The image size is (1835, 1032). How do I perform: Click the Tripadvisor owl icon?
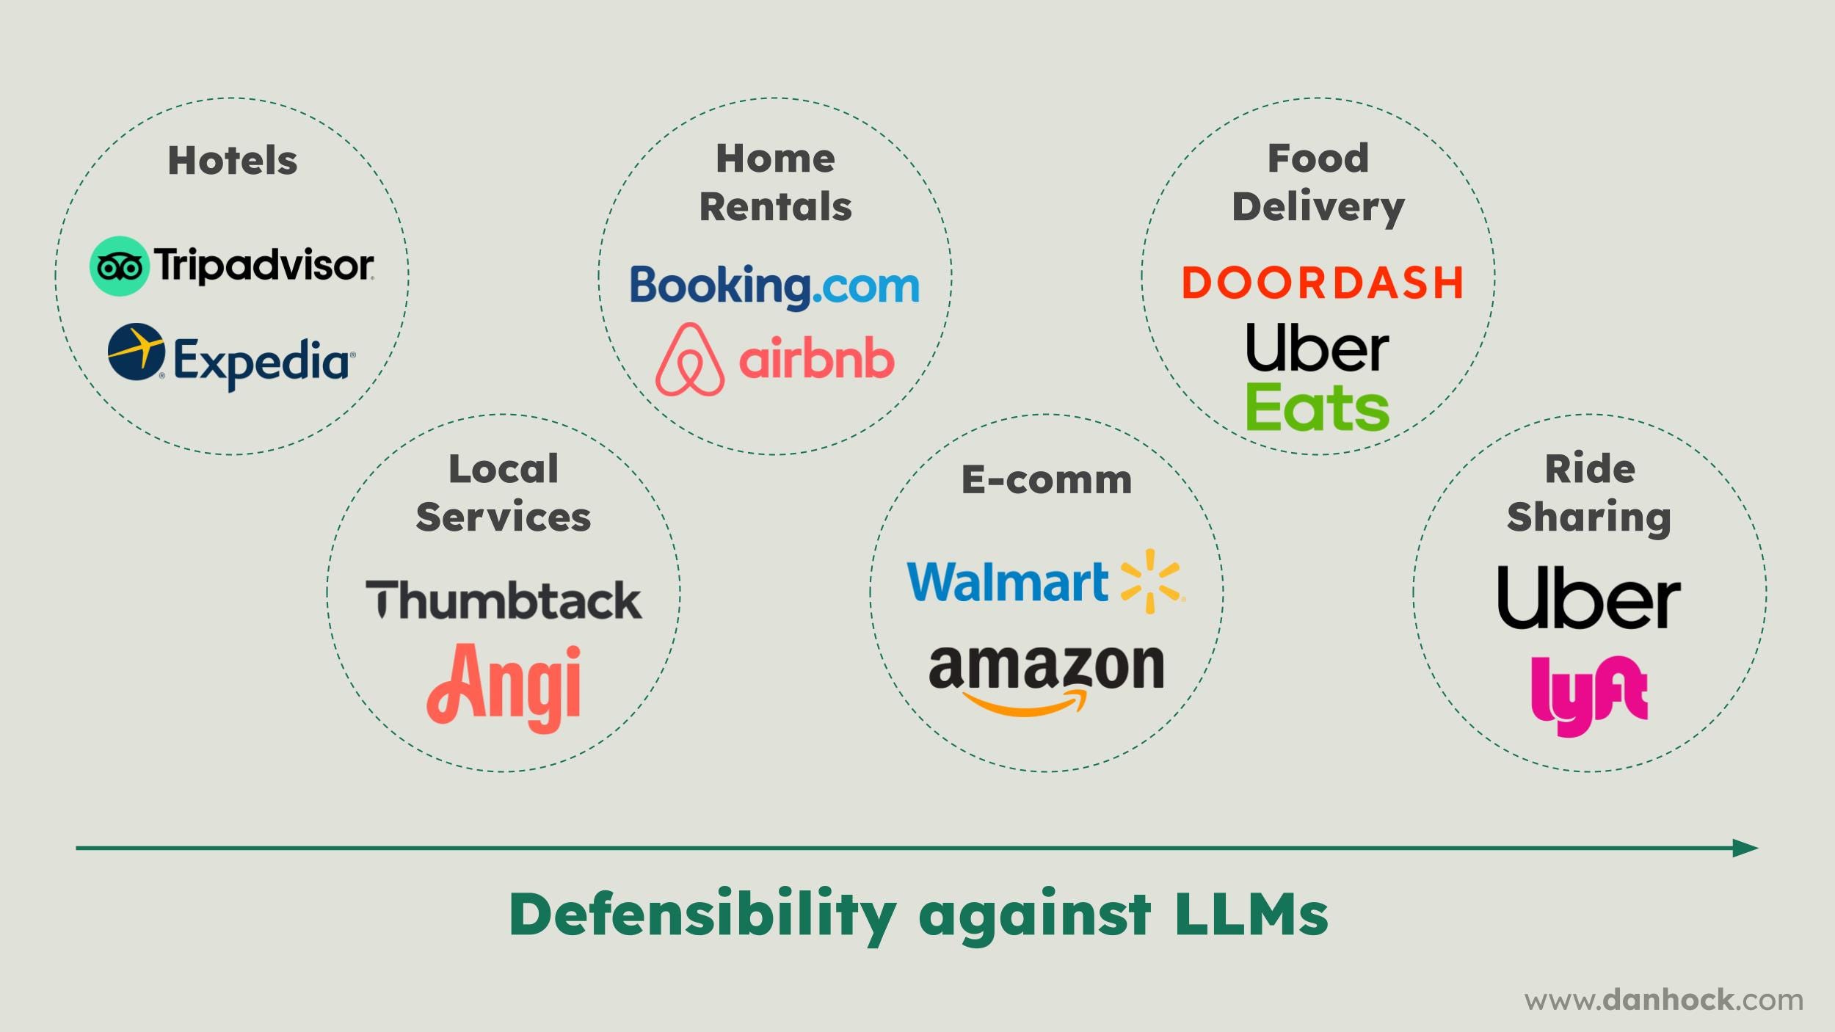(119, 266)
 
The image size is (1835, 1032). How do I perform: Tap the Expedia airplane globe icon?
(136, 352)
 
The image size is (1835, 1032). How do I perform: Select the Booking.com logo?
(774, 286)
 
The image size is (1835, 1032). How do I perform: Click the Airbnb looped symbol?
(689, 360)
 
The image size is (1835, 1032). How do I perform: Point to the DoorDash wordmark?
(1322, 283)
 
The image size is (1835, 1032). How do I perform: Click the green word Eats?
(1317, 407)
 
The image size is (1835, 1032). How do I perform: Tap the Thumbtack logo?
(504, 600)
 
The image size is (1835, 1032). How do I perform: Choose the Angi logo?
(504, 686)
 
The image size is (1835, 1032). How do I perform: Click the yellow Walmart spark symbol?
(1151, 581)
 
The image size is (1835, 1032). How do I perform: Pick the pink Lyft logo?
(1589, 694)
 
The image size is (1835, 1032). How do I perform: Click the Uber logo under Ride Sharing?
(1588, 597)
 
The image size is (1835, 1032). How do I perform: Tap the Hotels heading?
(233, 161)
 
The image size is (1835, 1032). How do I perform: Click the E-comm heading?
(1047, 480)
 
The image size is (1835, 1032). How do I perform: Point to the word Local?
(504, 469)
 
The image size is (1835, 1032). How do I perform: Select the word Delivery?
(1318, 207)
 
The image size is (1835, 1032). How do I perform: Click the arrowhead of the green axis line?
(1747, 849)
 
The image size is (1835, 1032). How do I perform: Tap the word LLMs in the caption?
(1251, 915)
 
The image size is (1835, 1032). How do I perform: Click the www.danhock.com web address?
(1663, 1000)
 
